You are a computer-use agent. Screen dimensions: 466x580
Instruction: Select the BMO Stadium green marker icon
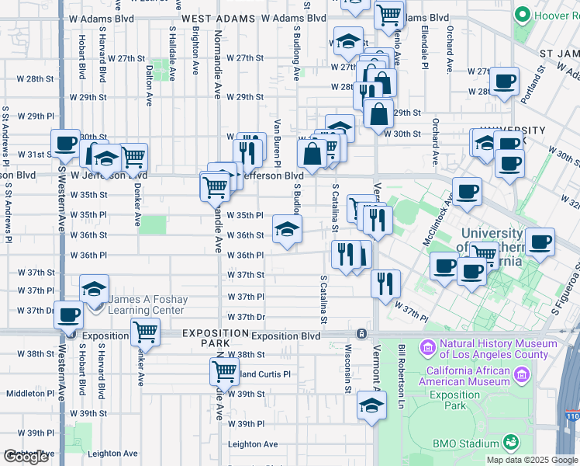[510, 443]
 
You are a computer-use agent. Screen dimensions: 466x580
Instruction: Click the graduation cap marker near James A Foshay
[94, 290]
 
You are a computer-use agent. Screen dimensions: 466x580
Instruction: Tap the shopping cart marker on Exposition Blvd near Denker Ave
[145, 332]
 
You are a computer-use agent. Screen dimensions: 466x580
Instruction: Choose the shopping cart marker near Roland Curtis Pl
[224, 371]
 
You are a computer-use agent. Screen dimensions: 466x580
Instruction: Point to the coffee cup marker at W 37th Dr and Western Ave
[69, 315]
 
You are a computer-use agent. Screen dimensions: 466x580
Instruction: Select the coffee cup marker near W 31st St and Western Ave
[65, 144]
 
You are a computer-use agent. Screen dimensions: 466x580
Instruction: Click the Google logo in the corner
[26, 457]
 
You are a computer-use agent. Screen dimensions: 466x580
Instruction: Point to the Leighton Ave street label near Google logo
[112, 454]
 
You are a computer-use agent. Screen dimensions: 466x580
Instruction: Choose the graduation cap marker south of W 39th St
[372, 405]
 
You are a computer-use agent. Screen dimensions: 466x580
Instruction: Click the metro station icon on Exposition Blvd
[361, 333]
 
